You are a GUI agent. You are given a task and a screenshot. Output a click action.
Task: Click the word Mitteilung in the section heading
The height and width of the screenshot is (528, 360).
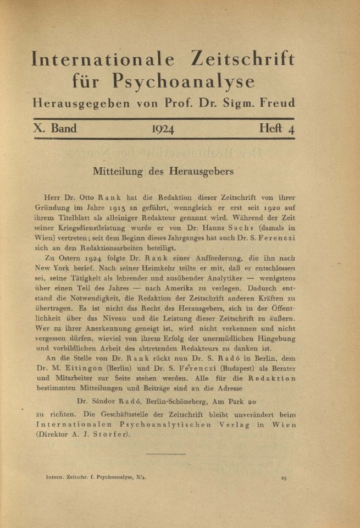coord(119,171)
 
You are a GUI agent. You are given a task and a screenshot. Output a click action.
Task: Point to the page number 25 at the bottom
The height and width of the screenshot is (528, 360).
coord(284,478)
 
